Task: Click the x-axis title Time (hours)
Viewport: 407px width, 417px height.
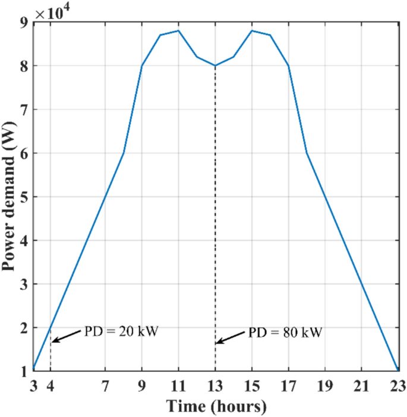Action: [216, 407]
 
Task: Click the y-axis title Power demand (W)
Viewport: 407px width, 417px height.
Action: [10, 197]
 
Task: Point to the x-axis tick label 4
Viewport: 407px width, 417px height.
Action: [51, 387]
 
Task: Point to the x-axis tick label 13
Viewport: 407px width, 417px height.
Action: [215, 387]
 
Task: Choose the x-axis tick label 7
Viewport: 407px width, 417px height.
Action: [105, 387]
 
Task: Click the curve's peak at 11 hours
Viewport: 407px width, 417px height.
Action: [178, 30]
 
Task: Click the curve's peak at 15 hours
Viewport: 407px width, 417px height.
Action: [252, 30]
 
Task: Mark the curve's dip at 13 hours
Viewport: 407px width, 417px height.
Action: [215, 65]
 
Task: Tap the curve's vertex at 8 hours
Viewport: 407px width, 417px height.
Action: [124, 153]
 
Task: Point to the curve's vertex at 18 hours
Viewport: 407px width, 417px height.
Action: [307, 153]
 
